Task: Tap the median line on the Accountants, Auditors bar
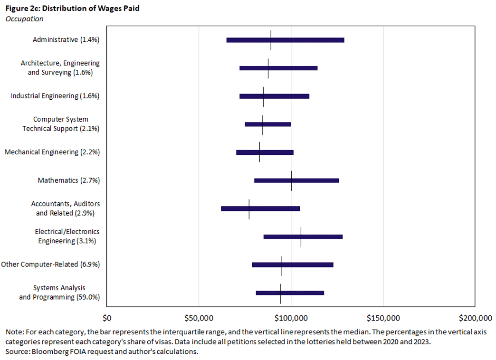click(249, 208)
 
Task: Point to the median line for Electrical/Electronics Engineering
click(301, 237)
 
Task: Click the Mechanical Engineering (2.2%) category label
click(52, 152)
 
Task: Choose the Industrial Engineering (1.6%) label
click(55, 96)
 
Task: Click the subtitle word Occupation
click(24, 19)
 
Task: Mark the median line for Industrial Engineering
click(263, 96)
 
